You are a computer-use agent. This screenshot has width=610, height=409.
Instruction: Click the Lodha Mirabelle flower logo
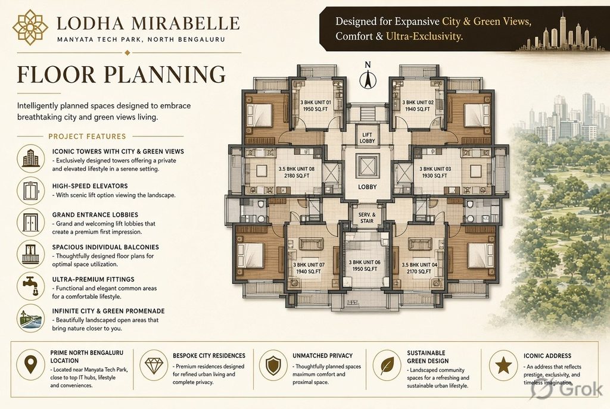tap(30, 27)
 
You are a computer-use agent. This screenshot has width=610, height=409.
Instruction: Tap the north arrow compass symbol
tap(368, 75)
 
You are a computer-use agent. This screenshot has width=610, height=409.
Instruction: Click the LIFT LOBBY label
tap(367, 138)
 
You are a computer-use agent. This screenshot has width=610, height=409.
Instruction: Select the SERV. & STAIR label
tap(367, 218)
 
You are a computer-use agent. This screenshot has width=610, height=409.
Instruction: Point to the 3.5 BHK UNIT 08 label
tap(297, 172)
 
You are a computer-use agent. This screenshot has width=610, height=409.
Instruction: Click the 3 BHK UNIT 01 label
tap(315, 105)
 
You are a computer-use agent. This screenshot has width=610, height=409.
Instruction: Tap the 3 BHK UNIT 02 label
tap(418, 105)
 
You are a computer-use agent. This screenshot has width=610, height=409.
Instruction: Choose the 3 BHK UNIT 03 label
tap(435, 172)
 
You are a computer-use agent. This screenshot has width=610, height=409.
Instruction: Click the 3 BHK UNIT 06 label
tap(365, 266)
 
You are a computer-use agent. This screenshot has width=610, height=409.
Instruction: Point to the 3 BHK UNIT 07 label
tap(309, 268)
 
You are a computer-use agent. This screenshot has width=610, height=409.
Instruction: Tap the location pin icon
tap(31, 365)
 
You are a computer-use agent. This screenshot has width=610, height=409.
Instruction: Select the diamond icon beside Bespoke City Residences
tap(154, 365)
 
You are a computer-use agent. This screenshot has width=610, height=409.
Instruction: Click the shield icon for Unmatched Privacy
tap(273, 365)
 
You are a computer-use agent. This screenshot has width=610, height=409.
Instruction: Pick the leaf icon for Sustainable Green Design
tap(387, 365)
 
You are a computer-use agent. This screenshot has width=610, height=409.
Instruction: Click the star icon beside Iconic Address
tap(503, 365)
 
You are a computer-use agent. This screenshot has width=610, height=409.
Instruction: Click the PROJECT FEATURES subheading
tap(87, 136)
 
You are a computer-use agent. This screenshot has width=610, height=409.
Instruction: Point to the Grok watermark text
tap(580, 389)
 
